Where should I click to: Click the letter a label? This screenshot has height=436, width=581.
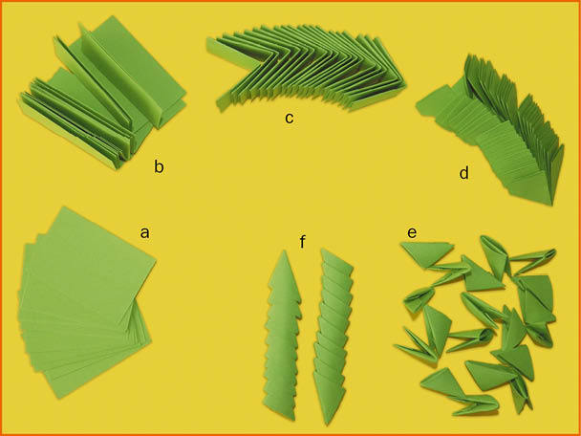[145, 233]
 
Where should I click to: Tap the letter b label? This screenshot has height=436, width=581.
[159, 167]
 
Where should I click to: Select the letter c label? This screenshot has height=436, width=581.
[290, 118]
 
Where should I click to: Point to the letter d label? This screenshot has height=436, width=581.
[463, 172]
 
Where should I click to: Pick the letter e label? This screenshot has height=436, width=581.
[411, 233]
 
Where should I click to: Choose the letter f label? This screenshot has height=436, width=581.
[303, 242]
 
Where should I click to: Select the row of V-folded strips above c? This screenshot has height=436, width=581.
[306, 67]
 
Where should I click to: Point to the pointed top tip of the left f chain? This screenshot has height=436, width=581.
[284, 251]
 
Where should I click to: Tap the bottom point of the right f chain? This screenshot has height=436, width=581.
[328, 425]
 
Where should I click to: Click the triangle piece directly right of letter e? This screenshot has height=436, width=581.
[426, 253]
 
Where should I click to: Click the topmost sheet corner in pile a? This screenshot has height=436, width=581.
[65, 207]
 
